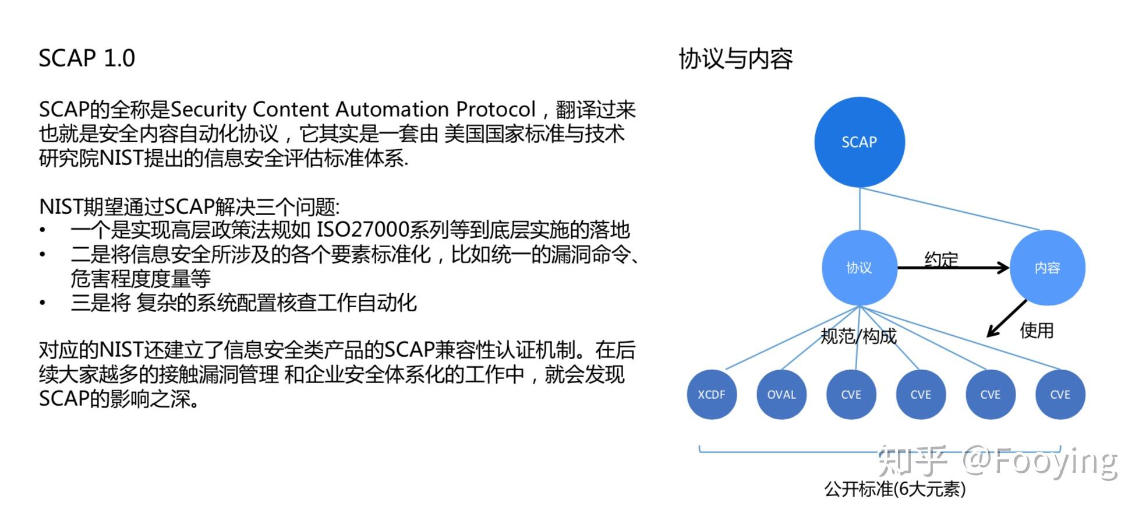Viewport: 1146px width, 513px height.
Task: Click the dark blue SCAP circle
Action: [x=859, y=142]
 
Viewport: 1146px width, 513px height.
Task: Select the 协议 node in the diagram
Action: [x=859, y=268]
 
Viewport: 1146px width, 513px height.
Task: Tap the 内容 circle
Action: [x=1047, y=268]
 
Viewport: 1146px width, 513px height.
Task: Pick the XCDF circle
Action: [x=711, y=395]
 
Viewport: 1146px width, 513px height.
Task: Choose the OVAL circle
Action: [x=781, y=395]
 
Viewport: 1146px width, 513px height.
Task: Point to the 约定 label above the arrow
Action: [x=941, y=258]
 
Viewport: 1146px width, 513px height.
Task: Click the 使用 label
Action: [x=1037, y=331]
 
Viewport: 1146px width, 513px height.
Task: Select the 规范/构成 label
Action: [x=858, y=336]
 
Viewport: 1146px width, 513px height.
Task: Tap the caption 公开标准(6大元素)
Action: [x=894, y=489]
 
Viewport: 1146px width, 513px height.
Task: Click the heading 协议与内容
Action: [x=735, y=59]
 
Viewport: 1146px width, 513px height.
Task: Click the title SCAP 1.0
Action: [x=87, y=58]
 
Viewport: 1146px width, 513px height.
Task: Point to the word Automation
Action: [x=392, y=110]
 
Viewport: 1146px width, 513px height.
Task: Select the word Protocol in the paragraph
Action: [x=496, y=110]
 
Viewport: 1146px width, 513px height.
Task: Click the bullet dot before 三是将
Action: [x=43, y=303]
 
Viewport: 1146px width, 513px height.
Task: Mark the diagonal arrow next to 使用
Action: [x=1006, y=319]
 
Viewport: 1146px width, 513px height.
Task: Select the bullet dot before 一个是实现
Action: [x=43, y=230]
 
